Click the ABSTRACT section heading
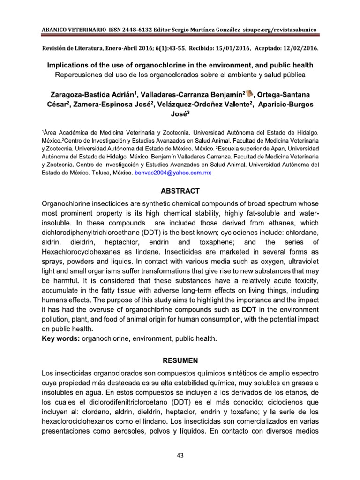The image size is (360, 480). tap(180, 191)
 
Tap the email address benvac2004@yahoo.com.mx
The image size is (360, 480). tap(173, 173)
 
